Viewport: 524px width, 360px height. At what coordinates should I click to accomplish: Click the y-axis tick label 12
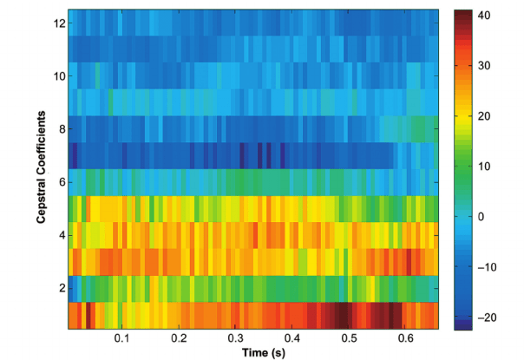57,23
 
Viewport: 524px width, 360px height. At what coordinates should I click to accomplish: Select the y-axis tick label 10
57,75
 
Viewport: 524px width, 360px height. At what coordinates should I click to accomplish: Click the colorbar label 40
486,15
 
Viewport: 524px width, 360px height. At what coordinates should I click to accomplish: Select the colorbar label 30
486,65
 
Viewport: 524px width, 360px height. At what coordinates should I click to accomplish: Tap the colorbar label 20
486,115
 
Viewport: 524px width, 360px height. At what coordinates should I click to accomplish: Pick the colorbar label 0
483,217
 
